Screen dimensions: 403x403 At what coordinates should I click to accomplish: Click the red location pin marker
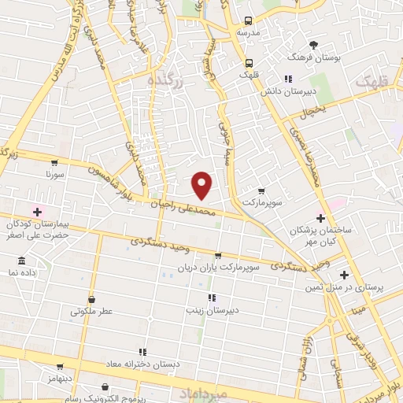click(202, 184)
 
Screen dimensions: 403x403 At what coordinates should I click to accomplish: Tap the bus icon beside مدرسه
click(249, 21)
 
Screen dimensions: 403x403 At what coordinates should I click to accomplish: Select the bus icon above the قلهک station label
click(250, 63)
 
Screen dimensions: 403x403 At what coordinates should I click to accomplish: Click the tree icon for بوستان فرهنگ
click(315, 45)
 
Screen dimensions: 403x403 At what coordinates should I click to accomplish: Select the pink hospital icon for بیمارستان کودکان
click(37, 211)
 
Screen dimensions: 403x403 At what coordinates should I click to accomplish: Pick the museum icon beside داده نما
click(21, 261)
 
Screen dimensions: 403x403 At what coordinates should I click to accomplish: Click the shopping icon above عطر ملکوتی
click(92, 299)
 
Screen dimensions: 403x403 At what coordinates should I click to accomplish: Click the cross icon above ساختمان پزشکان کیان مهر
click(320, 217)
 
